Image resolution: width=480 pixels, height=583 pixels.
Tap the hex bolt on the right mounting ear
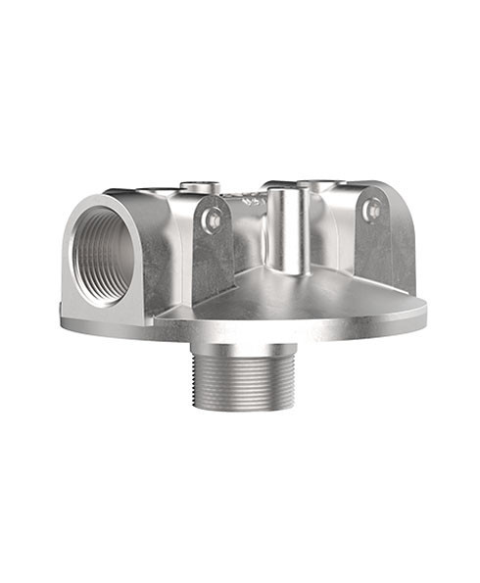tap(372, 210)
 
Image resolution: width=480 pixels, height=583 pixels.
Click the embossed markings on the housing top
tap(249, 200)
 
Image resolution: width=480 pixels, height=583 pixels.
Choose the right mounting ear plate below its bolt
tap(374, 250)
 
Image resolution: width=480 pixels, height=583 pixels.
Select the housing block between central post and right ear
tap(328, 235)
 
